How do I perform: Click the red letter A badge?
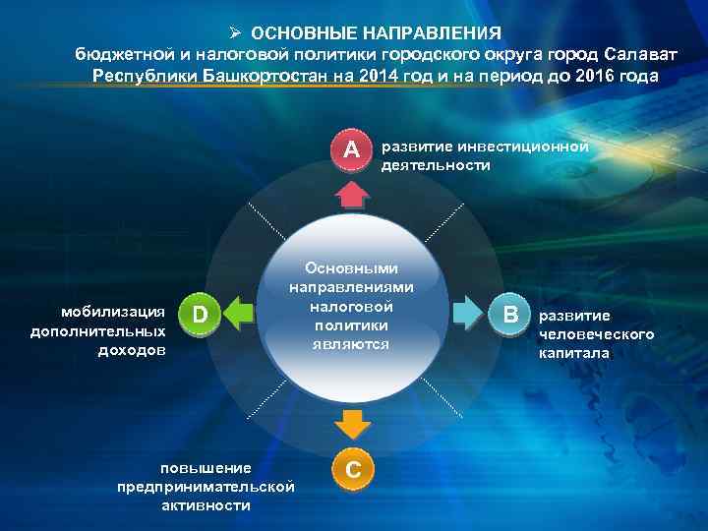[351, 150]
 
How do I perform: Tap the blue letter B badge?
[509, 315]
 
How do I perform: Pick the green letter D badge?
[199, 315]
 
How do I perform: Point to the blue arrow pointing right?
[469, 315]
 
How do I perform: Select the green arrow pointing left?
[238, 315]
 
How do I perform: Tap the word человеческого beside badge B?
[596, 334]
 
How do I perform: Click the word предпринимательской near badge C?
[206, 487]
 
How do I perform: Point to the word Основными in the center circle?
[351, 267]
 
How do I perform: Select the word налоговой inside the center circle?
[352, 306]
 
